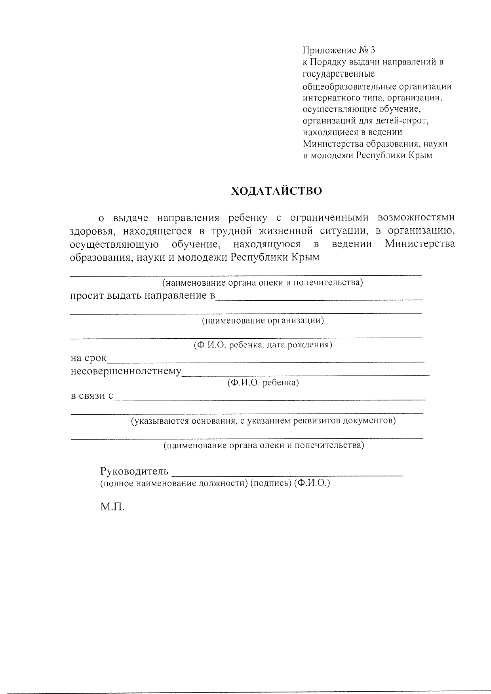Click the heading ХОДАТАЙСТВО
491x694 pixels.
276,191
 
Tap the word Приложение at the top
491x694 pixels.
324,51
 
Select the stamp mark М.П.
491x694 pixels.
112,507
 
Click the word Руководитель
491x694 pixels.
135,471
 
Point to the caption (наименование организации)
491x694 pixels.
263,320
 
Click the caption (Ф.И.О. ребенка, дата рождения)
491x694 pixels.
263,345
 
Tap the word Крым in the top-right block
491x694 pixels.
421,155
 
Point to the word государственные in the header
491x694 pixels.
339,74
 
